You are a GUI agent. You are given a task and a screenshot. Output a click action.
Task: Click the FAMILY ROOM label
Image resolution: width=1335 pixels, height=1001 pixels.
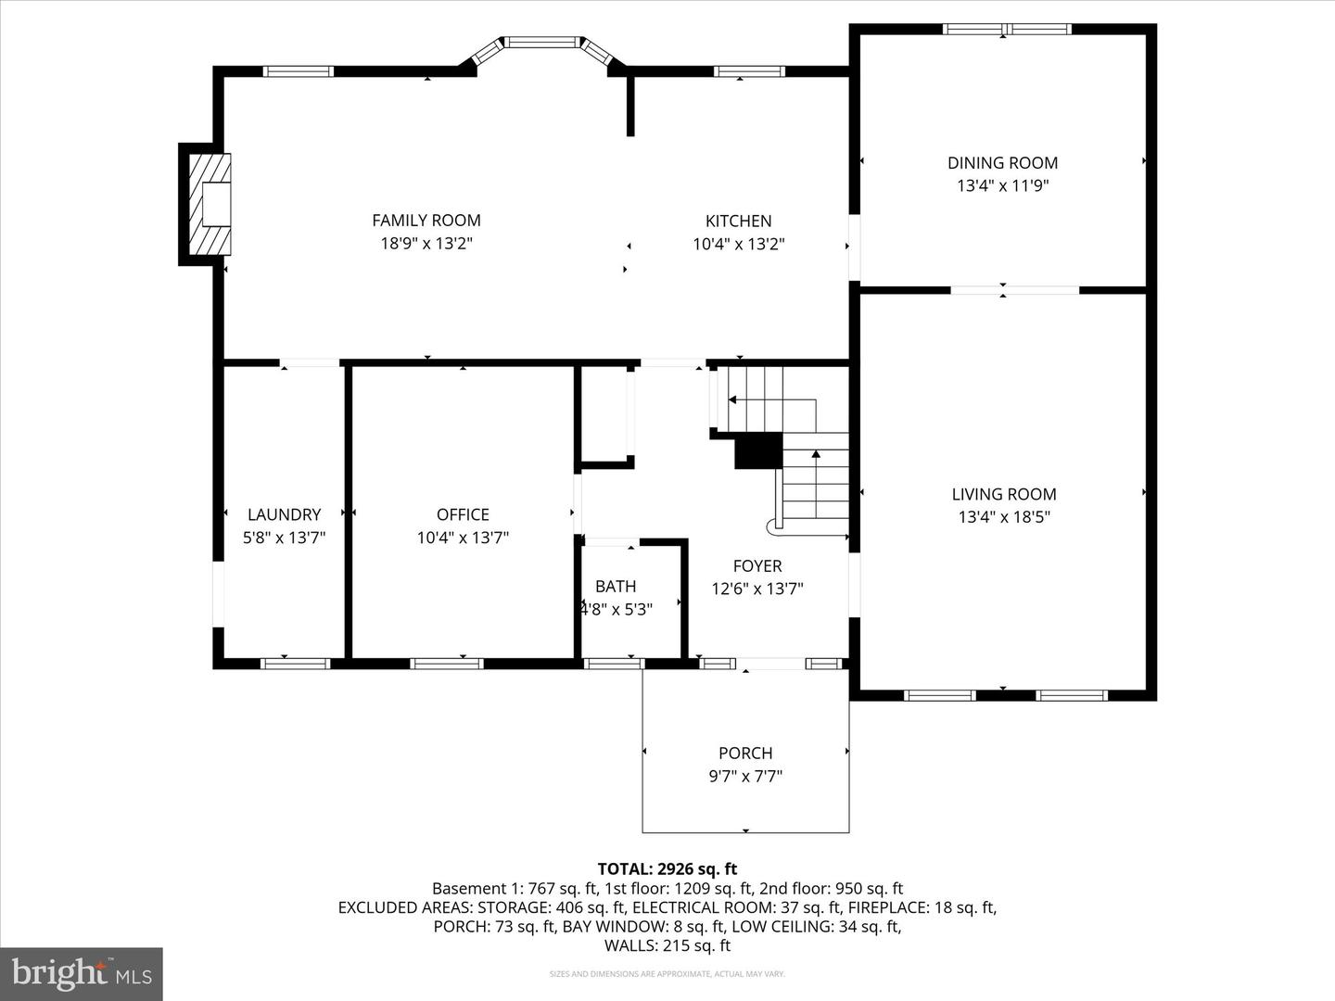click(426, 221)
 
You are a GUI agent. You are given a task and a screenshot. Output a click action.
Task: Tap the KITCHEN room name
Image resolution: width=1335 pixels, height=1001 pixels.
click(738, 222)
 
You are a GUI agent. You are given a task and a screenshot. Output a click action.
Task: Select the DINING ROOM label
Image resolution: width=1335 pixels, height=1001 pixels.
click(1002, 163)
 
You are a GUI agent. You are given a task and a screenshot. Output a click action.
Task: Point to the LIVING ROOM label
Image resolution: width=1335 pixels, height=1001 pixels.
click(1004, 495)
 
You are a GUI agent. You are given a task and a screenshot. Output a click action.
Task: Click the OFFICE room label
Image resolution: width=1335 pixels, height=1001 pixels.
click(463, 515)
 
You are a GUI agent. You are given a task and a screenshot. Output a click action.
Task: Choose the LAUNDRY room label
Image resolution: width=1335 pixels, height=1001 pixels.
click(284, 515)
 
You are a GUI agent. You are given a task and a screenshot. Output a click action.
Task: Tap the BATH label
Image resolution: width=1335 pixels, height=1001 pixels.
click(616, 587)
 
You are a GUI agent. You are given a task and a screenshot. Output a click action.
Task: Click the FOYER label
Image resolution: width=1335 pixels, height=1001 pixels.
click(757, 566)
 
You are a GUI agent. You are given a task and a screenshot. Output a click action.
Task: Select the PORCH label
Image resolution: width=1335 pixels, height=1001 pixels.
click(745, 754)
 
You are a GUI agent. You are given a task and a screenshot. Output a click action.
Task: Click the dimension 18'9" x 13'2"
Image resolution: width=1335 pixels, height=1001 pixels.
click(426, 244)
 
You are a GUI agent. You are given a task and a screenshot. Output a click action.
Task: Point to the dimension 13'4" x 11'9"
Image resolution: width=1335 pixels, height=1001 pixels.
click(1002, 185)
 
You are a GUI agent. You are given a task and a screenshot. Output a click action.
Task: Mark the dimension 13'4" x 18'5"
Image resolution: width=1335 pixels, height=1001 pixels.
click(1004, 517)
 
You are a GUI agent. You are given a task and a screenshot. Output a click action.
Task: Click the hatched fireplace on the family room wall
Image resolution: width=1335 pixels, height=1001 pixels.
click(210, 204)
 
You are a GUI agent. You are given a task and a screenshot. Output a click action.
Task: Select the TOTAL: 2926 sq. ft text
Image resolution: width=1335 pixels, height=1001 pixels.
click(667, 869)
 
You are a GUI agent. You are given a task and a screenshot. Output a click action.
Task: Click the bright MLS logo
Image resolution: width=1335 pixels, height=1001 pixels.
click(82, 973)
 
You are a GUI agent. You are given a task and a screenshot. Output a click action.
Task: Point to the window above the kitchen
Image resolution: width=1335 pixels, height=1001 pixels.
click(749, 71)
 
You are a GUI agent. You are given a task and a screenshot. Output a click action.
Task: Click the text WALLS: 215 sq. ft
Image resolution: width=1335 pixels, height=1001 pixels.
click(667, 946)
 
